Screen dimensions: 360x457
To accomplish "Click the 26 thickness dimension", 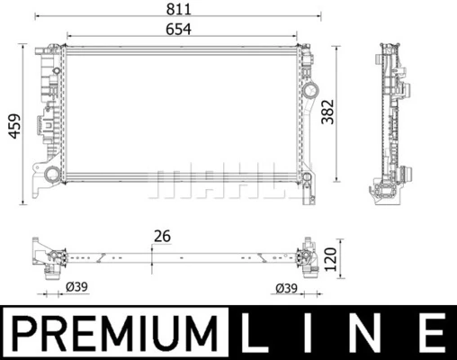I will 162,237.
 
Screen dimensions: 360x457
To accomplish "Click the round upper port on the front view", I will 311,91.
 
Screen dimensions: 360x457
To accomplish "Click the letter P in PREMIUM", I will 24,333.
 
